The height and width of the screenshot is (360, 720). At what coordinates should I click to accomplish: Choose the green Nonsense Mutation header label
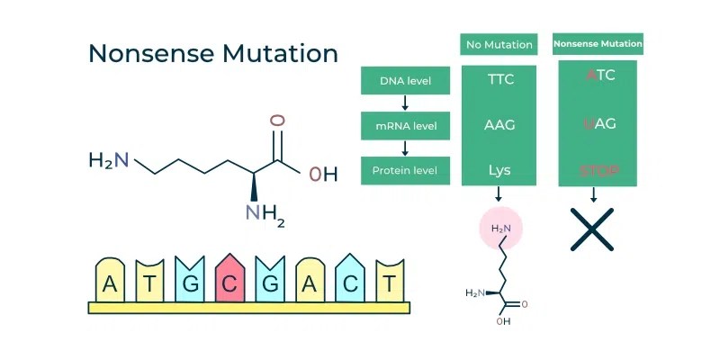(x=598, y=43)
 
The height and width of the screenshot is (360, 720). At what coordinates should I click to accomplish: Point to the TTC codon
(x=500, y=79)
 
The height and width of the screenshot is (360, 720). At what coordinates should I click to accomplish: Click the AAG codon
(x=500, y=125)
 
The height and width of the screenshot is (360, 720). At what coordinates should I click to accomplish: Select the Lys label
(x=500, y=169)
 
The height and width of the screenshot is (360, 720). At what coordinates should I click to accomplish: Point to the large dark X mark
(x=593, y=229)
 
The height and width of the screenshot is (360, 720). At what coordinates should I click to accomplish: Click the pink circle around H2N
(x=500, y=229)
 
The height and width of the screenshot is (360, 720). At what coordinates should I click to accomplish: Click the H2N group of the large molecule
(x=108, y=161)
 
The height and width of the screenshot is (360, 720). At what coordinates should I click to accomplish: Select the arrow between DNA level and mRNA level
(x=404, y=103)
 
